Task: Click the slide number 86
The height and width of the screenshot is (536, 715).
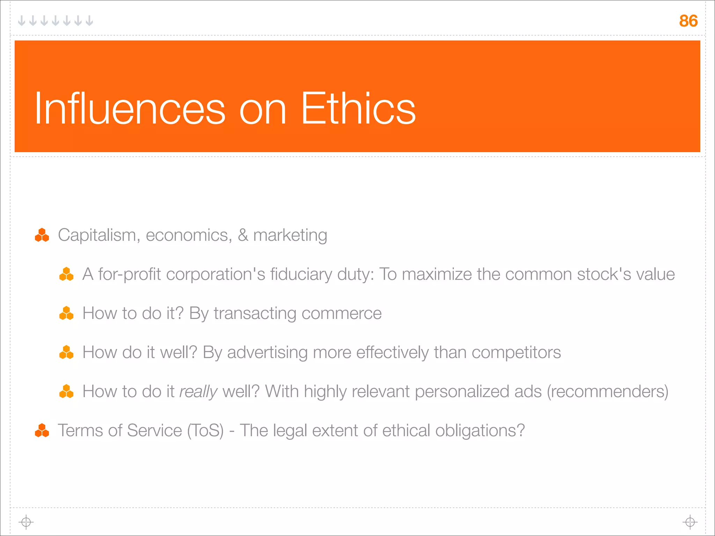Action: pos(688,21)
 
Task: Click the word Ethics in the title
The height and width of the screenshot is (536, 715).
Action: pos(358,108)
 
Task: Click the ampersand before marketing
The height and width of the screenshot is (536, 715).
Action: pos(243,235)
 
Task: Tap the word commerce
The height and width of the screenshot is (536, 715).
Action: pos(341,313)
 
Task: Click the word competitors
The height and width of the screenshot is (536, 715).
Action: pos(516,352)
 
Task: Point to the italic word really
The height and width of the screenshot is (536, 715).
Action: pos(198,392)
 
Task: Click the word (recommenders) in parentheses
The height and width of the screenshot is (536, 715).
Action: pos(607,392)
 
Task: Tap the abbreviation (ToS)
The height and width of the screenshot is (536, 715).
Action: pos(205,431)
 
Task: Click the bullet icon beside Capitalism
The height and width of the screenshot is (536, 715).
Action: pos(42,235)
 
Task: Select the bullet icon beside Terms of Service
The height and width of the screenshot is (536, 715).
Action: pos(42,430)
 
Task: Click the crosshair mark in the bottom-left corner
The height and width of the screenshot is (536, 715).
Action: pos(26,522)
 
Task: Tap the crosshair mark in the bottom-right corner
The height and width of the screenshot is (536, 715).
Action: pos(690,522)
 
